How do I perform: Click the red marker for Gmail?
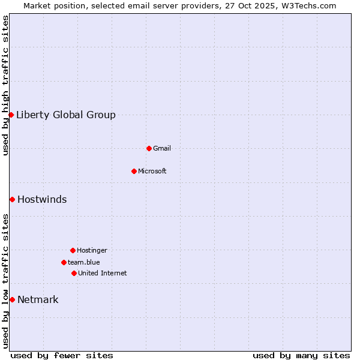pyautogui.click(x=149, y=148)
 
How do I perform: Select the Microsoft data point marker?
pyautogui.click(x=134, y=171)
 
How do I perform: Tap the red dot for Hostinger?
pyautogui.click(x=73, y=250)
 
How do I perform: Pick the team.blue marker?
pyautogui.click(x=64, y=262)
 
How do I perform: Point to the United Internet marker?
pyautogui.click(x=74, y=273)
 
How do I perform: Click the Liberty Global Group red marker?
pyautogui.click(x=11, y=115)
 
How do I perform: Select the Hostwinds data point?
pyautogui.click(x=12, y=199)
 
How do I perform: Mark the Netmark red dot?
pyautogui.click(x=12, y=299)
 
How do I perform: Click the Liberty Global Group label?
pyautogui.click(x=66, y=115)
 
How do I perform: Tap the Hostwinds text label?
pyautogui.click(x=42, y=200)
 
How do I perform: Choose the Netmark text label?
pyautogui.click(x=38, y=300)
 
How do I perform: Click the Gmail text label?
pyautogui.click(x=162, y=149)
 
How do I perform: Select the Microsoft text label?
pyautogui.click(x=152, y=172)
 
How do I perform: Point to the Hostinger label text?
pyautogui.click(x=92, y=251)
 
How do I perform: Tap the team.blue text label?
pyautogui.click(x=84, y=263)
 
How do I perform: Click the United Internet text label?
pyautogui.click(x=103, y=274)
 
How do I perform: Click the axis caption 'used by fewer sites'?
pyautogui.click(x=62, y=355)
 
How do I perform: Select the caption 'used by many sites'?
pyautogui.click(x=301, y=355)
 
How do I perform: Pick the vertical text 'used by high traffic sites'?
pyautogui.click(x=5, y=85)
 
